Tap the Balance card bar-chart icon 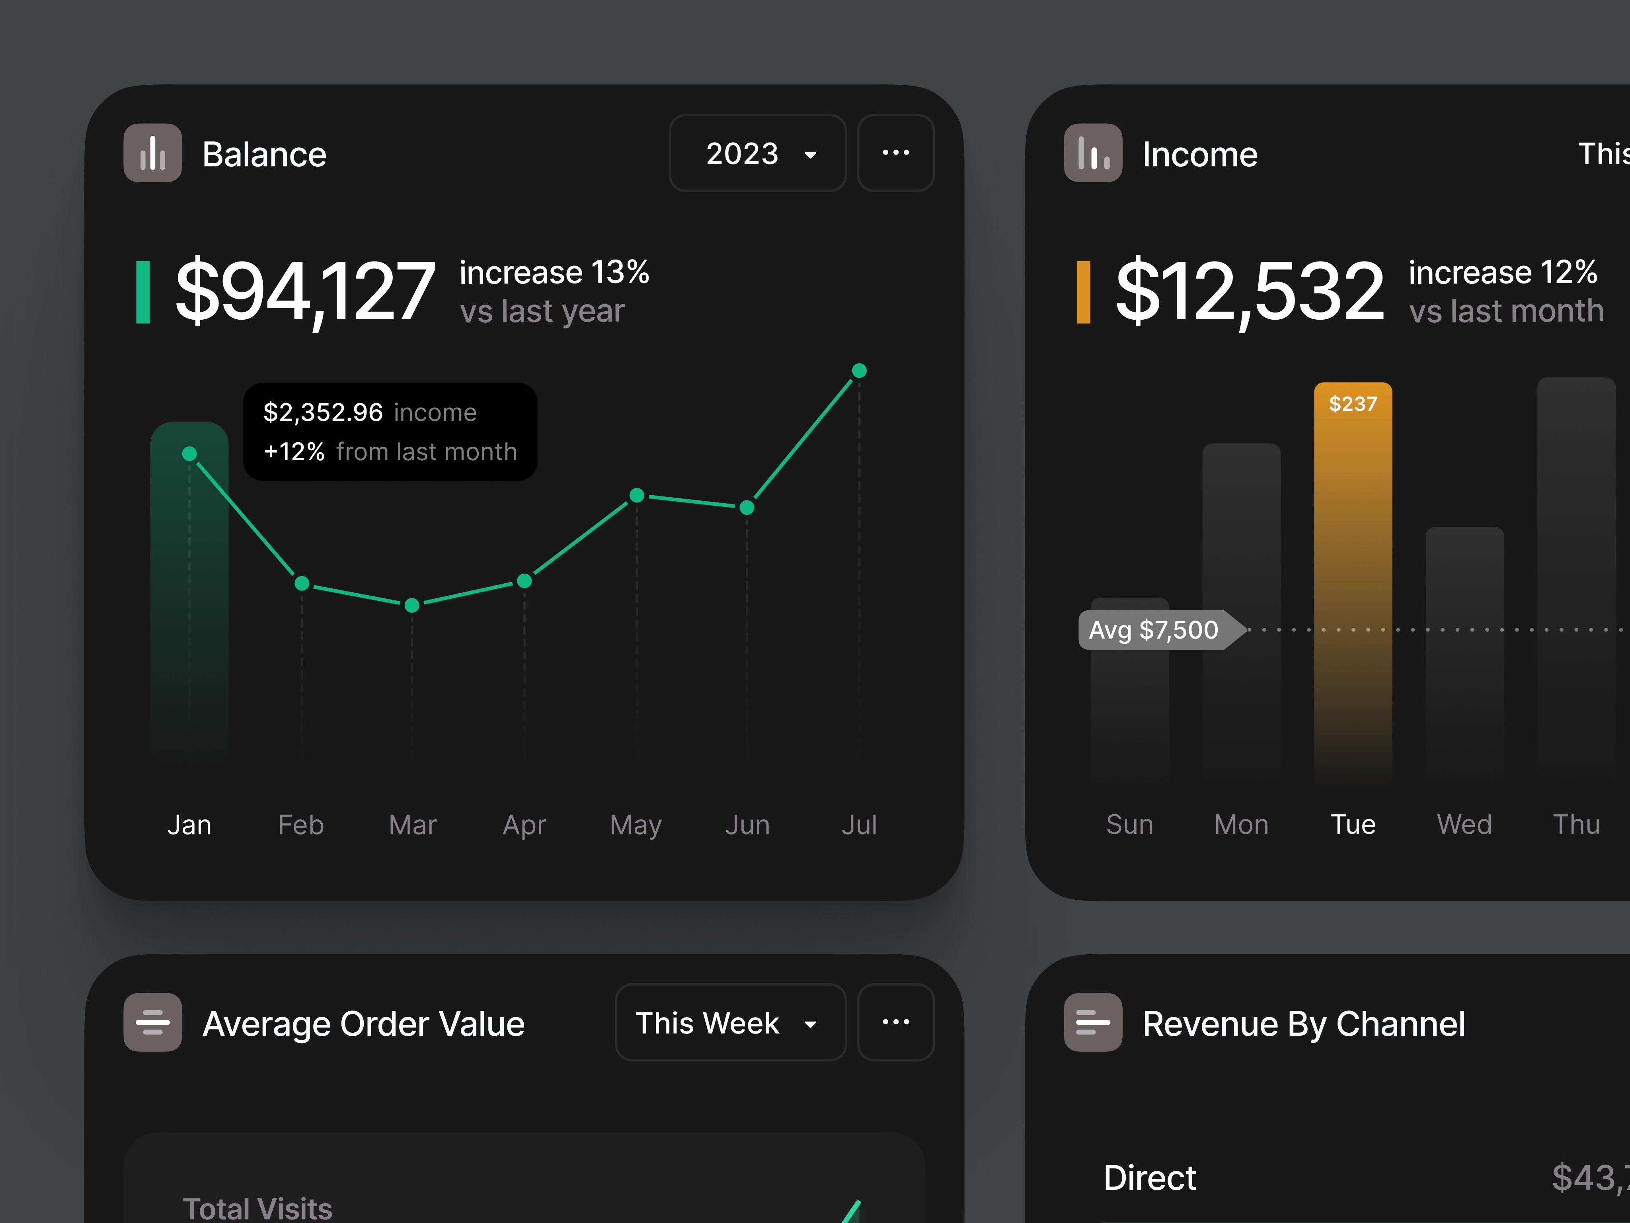point(152,153)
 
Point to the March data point point(412,605)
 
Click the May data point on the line point(637,495)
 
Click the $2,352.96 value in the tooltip point(323,412)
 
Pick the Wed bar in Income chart point(1464,649)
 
